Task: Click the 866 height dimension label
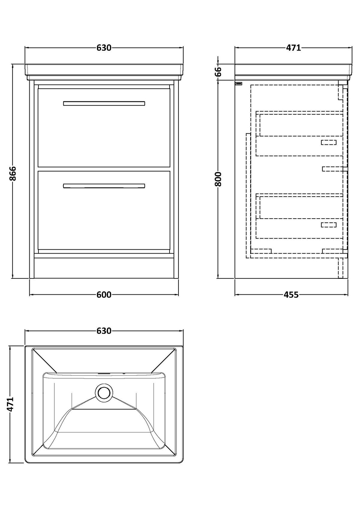tap(13, 173)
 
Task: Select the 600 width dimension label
tap(104, 295)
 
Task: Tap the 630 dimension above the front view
tap(104, 48)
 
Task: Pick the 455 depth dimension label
tap(291, 295)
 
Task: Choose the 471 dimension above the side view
tap(293, 48)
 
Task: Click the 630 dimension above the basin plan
tap(104, 331)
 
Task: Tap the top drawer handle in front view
tap(104, 103)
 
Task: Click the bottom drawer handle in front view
tap(104, 186)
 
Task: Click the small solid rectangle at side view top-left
tap(238, 84)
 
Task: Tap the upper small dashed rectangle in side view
tap(328, 142)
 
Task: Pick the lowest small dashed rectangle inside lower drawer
tap(328, 225)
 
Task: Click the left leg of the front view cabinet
tap(32, 179)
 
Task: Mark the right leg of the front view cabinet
tap(176, 179)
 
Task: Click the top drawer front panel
tap(104, 128)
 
